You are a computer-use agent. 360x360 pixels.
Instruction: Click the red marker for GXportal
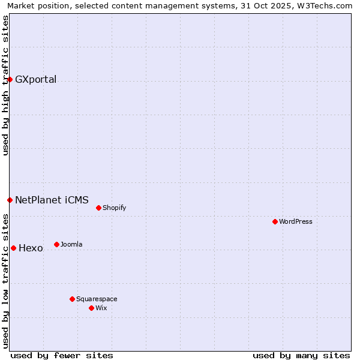pyautogui.click(x=10, y=79)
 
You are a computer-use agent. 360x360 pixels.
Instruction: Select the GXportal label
pyautogui.click(x=35, y=80)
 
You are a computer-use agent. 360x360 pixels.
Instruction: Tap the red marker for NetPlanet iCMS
pyautogui.click(x=10, y=200)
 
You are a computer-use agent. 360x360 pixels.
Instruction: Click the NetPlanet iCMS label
pyautogui.click(x=52, y=200)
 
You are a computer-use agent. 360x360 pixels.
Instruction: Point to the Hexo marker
pyautogui.click(x=13, y=248)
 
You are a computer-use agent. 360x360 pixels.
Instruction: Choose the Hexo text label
pyautogui.click(x=31, y=248)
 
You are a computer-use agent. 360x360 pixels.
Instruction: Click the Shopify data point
pyautogui.click(x=98, y=208)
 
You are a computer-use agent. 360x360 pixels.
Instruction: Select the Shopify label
pyautogui.click(x=114, y=208)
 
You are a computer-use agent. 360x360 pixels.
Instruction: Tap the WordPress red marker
pyautogui.click(x=275, y=221)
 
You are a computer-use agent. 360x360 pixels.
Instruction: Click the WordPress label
pyautogui.click(x=296, y=222)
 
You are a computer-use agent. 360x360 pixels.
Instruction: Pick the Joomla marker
pyautogui.click(x=56, y=244)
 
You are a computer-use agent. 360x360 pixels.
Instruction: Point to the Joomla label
pyautogui.click(x=71, y=245)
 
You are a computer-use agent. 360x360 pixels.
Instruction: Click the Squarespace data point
pyautogui.click(x=72, y=299)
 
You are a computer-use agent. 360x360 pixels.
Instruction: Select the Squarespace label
pyautogui.click(x=97, y=299)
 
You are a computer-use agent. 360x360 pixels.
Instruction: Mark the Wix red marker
pyautogui.click(x=91, y=308)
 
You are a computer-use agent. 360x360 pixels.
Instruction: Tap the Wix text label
pyautogui.click(x=101, y=308)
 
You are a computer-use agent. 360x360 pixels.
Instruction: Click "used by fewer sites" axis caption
pyautogui.click(x=62, y=355)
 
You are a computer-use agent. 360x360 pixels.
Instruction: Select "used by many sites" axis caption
pyautogui.click(x=301, y=355)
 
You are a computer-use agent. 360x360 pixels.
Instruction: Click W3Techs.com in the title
pyautogui.click(x=325, y=6)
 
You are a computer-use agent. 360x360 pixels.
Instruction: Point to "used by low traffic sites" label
pyautogui.click(x=6, y=283)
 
